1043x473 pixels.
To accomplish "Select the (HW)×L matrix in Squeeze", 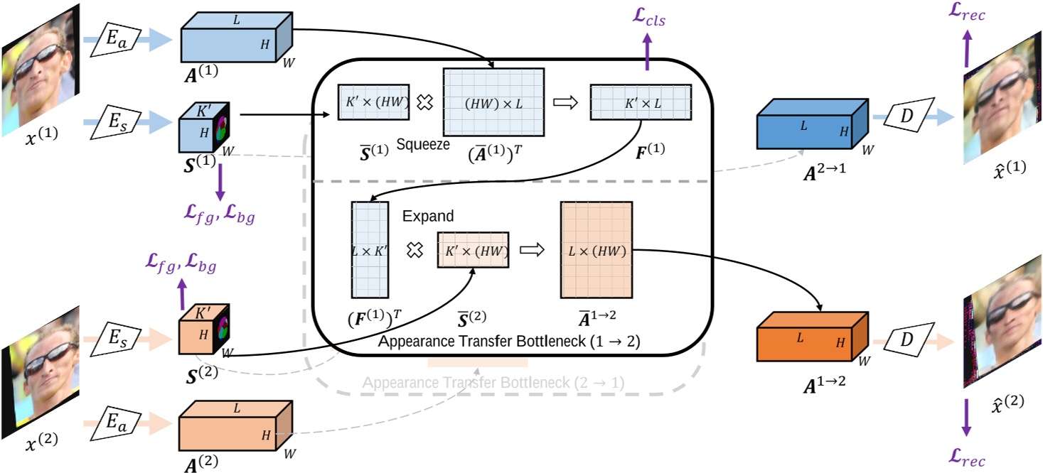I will [493, 103].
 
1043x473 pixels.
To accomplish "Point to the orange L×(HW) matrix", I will [596, 249].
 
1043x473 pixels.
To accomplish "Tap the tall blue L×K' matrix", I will [370, 249].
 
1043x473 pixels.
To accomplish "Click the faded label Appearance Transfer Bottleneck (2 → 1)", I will [493, 383].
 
